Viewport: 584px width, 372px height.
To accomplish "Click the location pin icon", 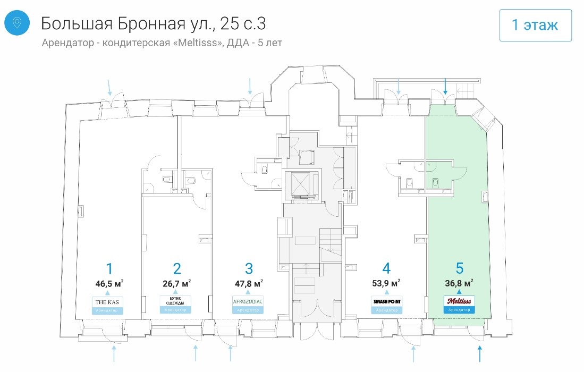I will point(17,23).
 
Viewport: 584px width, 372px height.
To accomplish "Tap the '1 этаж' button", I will point(535,25).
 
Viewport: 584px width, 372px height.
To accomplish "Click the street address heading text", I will point(154,23).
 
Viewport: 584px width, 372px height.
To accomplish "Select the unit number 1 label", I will point(109,268).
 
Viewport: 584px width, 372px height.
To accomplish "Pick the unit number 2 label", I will point(177,268).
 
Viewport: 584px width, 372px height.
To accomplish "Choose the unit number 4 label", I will point(386,268).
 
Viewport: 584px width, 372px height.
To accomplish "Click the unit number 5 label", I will point(459,268).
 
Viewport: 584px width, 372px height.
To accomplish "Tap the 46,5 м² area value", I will point(109,283).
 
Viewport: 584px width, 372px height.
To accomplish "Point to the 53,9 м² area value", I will point(386,283).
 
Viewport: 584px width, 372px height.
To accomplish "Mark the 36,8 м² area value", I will point(459,283).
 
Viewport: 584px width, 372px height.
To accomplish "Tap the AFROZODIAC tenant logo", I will point(248,301).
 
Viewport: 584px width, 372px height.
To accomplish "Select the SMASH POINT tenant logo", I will point(386,302).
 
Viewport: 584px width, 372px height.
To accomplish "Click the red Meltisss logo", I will point(459,301).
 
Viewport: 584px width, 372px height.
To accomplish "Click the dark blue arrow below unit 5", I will point(480,352).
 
